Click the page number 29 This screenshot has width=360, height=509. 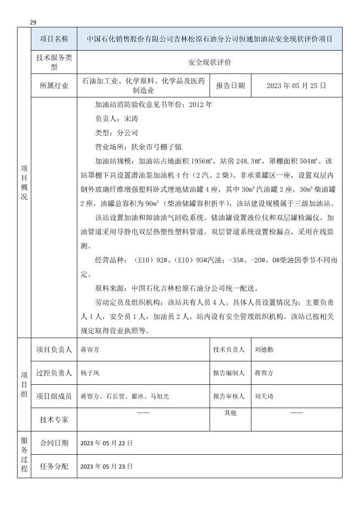(x=33, y=22)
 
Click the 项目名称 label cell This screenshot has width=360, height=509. (x=54, y=39)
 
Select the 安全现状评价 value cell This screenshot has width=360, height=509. (x=209, y=63)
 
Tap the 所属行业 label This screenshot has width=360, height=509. (x=54, y=86)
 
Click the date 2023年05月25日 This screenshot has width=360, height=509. (x=296, y=86)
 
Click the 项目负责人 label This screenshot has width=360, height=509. (x=54, y=350)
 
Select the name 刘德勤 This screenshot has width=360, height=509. (x=264, y=350)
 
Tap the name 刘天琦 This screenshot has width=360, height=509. (x=264, y=396)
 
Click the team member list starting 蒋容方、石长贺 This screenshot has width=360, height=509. (x=125, y=396)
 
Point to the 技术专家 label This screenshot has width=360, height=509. (x=54, y=419)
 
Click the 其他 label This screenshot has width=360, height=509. (x=230, y=413)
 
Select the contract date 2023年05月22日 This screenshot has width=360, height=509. (x=106, y=443)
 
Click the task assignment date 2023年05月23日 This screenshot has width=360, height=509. (x=106, y=466)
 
